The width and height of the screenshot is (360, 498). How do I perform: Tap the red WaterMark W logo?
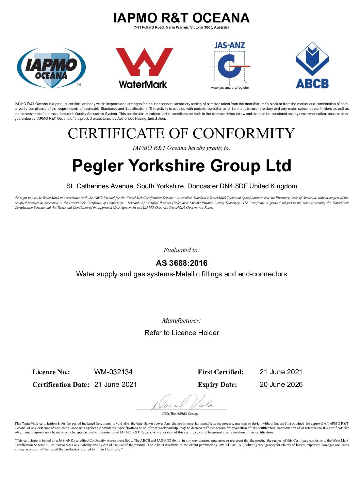[x=144, y=68]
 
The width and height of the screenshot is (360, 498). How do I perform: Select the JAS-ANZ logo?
[x=230, y=65]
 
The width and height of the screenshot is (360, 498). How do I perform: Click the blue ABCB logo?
[x=312, y=65]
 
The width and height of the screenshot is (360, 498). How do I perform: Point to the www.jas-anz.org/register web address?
[x=230, y=88]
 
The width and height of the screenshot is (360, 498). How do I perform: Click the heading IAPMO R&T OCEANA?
[x=181, y=18]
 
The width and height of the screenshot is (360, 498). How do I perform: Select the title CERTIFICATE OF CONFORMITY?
[x=181, y=133]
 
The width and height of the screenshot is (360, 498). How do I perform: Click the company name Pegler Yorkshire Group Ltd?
[x=181, y=166]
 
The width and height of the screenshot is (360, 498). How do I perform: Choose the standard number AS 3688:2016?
[x=181, y=263]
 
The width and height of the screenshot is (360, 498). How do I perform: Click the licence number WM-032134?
[x=113, y=372]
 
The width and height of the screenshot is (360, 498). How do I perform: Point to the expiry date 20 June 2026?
[x=281, y=384]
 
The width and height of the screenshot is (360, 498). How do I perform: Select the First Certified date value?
[x=281, y=372]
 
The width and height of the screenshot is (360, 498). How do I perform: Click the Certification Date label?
[x=61, y=385]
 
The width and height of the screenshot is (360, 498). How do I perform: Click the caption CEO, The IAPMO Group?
[x=180, y=414]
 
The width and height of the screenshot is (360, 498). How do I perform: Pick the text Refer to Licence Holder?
[x=182, y=333]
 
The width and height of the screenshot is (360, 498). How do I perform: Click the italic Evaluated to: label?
[x=181, y=250]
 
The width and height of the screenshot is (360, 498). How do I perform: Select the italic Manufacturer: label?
[x=181, y=321]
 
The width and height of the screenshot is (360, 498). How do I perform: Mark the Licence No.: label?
[x=51, y=372]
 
